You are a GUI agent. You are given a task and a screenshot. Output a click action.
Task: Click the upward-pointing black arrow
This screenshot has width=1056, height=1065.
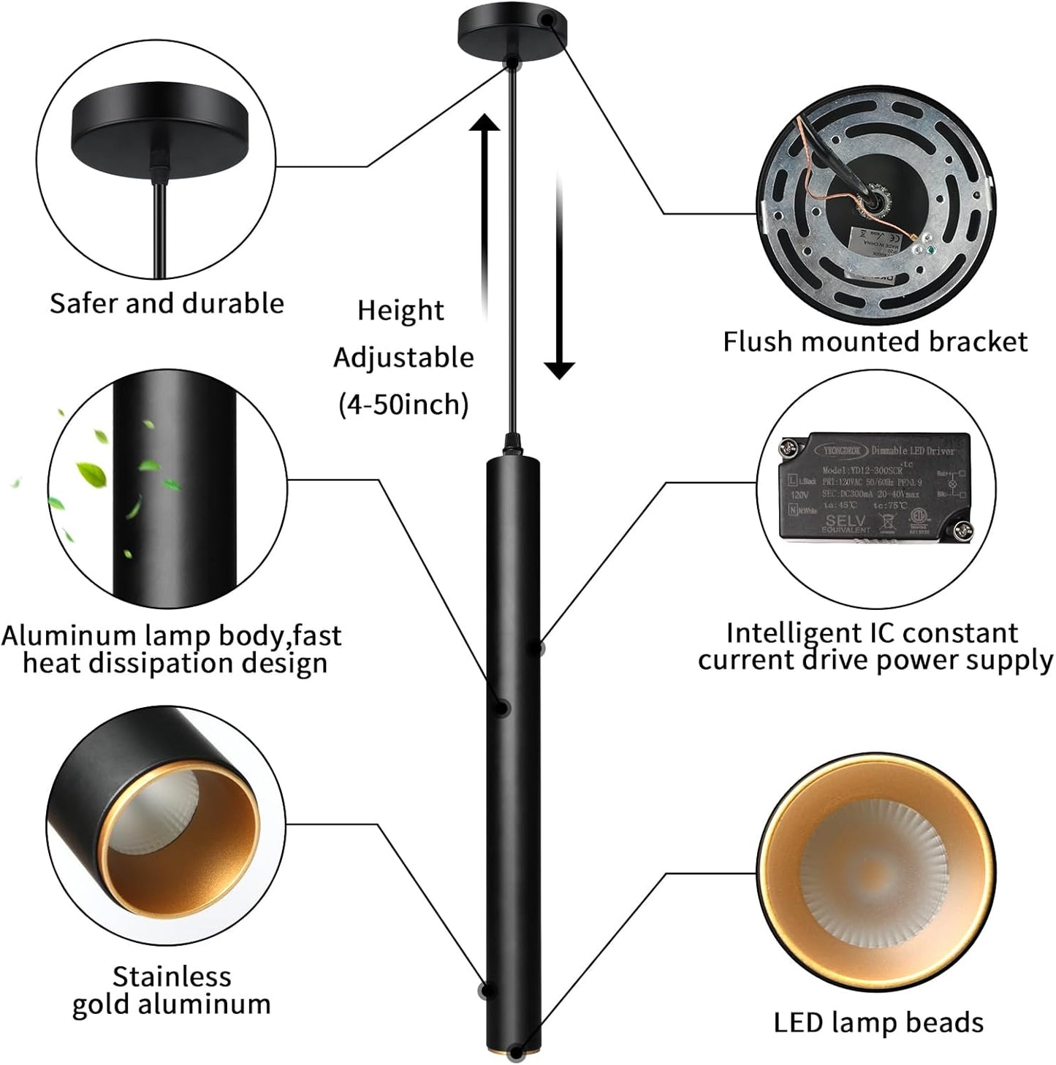pyautogui.click(x=485, y=219)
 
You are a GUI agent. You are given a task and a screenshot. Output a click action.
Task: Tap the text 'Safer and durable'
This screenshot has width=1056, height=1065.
pyautogui.click(x=167, y=304)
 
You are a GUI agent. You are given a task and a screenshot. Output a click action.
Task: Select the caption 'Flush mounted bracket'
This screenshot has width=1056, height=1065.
pyautogui.click(x=875, y=342)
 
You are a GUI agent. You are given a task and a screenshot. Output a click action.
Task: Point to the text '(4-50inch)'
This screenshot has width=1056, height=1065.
pyautogui.click(x=403, y=404)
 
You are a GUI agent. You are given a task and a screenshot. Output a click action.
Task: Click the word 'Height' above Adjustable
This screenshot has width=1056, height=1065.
pyautogui.click(x=400, y=311)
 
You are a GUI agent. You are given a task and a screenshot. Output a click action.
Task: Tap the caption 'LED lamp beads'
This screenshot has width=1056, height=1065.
pyautogui.click(x=878, y=1023)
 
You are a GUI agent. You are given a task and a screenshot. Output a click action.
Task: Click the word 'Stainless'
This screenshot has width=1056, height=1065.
pyautogui.click(x=172, y=977)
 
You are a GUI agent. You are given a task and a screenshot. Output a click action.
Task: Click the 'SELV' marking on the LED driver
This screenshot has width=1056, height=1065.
pyautogui.click(x=846, y=521)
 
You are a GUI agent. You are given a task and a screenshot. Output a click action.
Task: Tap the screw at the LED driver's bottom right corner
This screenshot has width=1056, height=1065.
pyautogui.click(x=962, y=529)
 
